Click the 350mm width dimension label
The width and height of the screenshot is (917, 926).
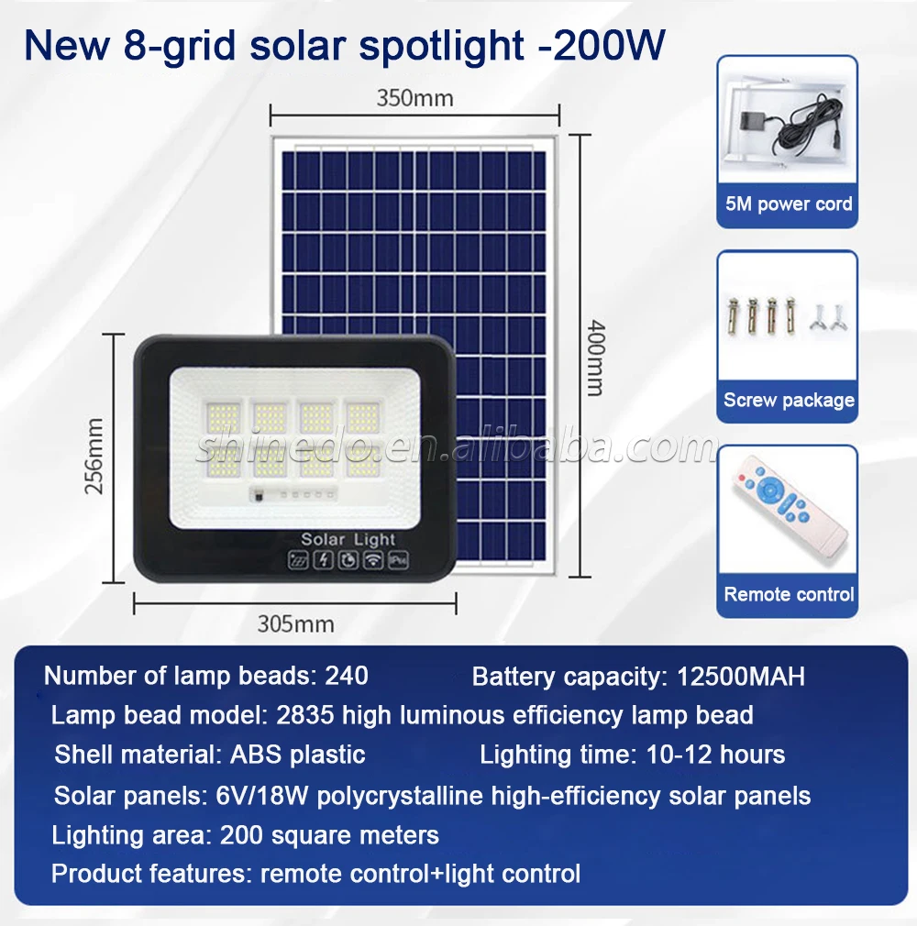414,98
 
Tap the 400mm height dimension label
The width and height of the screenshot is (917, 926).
595,358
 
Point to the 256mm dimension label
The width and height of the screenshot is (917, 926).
94,456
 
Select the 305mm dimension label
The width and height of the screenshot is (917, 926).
295,623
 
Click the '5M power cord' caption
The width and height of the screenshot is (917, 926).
789,204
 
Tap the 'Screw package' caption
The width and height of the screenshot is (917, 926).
789,400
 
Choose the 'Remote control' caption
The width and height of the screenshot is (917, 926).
789,594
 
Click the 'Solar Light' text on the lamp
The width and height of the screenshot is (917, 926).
348,539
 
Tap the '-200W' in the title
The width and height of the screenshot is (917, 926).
602,45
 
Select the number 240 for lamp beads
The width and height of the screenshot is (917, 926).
347,676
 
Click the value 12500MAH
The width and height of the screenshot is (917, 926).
740,677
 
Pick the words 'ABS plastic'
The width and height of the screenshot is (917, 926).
298,755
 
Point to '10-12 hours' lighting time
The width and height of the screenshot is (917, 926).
715,755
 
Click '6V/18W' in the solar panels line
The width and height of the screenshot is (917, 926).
261,796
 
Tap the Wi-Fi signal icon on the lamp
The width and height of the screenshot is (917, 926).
373,560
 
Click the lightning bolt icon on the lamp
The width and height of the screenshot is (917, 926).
323,560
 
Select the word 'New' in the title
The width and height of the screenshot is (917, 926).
67,45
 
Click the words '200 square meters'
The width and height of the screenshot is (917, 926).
329,835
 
